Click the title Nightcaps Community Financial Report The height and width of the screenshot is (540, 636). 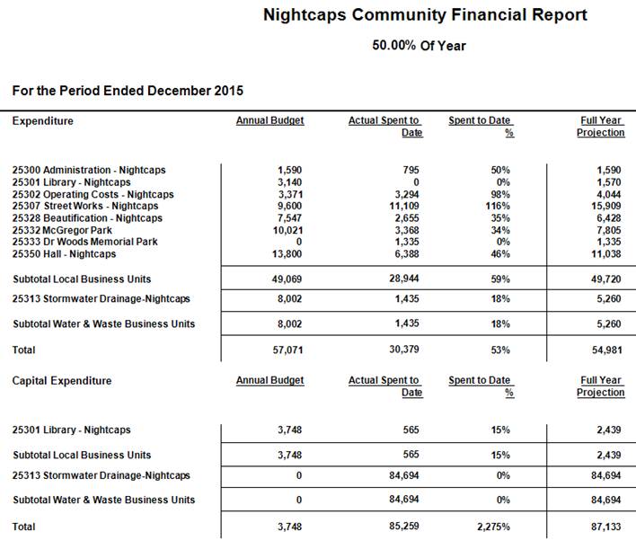[x=425, y=15]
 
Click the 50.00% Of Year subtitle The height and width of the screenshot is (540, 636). [x=419, y=45]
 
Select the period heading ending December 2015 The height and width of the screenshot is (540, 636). [x=128, y=91]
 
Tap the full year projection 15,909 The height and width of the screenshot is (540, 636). [x=606, y=206]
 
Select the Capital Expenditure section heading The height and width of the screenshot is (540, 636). [x=62, y=381]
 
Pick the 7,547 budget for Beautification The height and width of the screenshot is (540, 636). [x=287, y=218]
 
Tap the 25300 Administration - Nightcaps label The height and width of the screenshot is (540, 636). [x=89, y=170]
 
